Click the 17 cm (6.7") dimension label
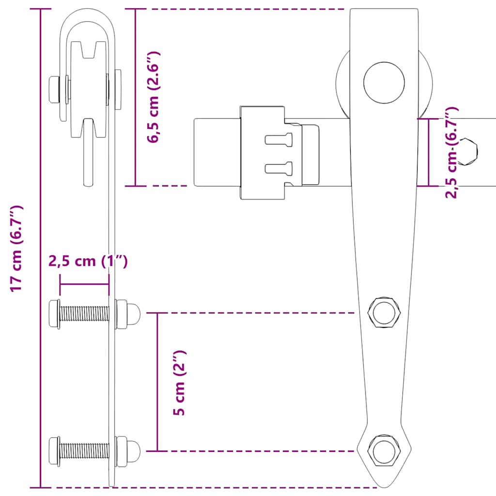17,248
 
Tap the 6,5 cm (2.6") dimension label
154,97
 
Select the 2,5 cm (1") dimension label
88,261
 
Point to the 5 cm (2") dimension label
180,383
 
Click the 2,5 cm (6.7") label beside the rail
451,153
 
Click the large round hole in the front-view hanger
384,82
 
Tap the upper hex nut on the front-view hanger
384,313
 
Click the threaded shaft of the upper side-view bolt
85,313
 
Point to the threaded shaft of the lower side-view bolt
85,450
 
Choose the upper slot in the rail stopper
279,139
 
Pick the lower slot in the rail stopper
279,168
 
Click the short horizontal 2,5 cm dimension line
84,285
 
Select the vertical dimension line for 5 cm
157,382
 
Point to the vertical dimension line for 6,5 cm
136,97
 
